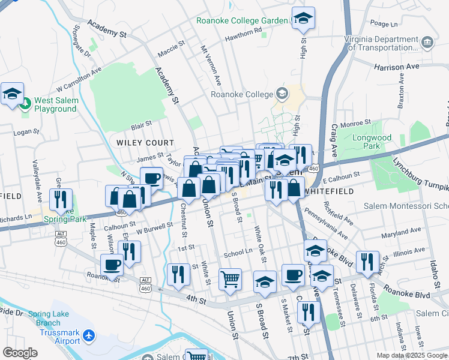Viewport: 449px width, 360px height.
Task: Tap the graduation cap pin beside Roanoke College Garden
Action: click(x=303, y=19)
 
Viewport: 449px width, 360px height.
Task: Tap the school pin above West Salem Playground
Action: click(x=12, y=94)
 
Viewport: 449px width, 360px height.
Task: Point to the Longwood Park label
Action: click(x=372, y=142)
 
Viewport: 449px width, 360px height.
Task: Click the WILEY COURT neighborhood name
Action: click(x=145, y=143)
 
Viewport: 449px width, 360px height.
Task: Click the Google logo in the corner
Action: click(x=19, y=353)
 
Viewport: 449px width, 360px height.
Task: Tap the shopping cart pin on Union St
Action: click(x=230, y=280)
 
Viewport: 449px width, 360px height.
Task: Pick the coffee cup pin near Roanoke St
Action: click(x=111, y=264)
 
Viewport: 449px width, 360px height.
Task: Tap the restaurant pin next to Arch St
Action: click(x=367, y=262)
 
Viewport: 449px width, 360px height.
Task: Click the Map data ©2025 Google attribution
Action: click(x=412, y=355)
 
